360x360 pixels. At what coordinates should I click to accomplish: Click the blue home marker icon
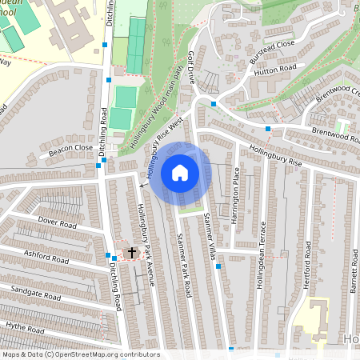(179, 172)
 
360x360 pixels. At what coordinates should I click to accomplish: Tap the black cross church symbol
(132, 253)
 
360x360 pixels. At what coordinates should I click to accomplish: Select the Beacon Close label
(71, 150)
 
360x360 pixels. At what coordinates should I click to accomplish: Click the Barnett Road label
(351, 280)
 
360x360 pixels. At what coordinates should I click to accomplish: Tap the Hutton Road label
(275, 71)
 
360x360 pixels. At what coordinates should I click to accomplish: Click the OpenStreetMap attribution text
(80, 354)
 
